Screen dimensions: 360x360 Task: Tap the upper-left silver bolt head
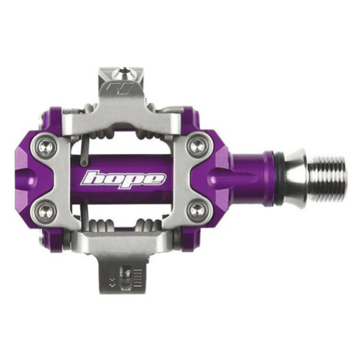(x=47, y=147)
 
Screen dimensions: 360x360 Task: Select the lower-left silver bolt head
(x=47, y=211)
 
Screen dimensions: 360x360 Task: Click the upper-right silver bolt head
(x=197, y=146)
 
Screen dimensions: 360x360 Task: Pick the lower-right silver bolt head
(x=197, y=211)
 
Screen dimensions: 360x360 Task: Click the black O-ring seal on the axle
(x=279, y=178)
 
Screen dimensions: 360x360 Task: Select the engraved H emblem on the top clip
(x=119, y=88)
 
